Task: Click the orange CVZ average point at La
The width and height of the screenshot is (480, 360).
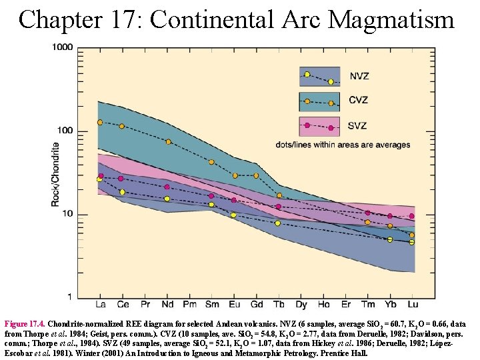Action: (100, 123)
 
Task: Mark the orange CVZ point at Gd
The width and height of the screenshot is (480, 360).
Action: (256, 175)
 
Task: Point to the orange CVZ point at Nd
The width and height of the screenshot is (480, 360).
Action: (168, 142)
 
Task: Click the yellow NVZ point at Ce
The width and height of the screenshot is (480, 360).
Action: (122, 192)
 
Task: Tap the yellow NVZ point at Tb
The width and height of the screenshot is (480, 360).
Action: (278, 223)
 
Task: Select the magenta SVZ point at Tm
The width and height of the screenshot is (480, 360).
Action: (367, 213)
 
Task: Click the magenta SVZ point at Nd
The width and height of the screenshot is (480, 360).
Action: (167, 187)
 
